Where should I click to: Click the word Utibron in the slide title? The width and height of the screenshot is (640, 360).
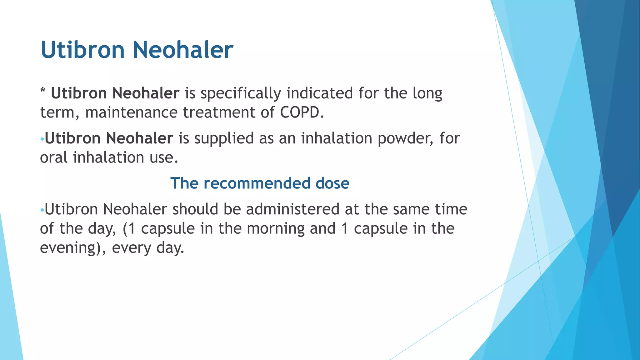click(x=83, y=50)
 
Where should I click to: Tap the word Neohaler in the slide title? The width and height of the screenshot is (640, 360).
click(x=183, y=50)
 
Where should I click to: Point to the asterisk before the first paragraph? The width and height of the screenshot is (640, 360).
click(x=43, y=91)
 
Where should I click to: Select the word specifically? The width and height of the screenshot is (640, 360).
click(x=241, y=93)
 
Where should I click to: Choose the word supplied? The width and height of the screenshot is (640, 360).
click(x=224, y=139)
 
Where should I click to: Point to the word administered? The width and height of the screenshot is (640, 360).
click(x=292, y=209)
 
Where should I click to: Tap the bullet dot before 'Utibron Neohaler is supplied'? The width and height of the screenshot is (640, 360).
click(x=42, y=139)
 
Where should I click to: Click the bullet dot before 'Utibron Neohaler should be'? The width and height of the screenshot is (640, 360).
click(x=42, y=210)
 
